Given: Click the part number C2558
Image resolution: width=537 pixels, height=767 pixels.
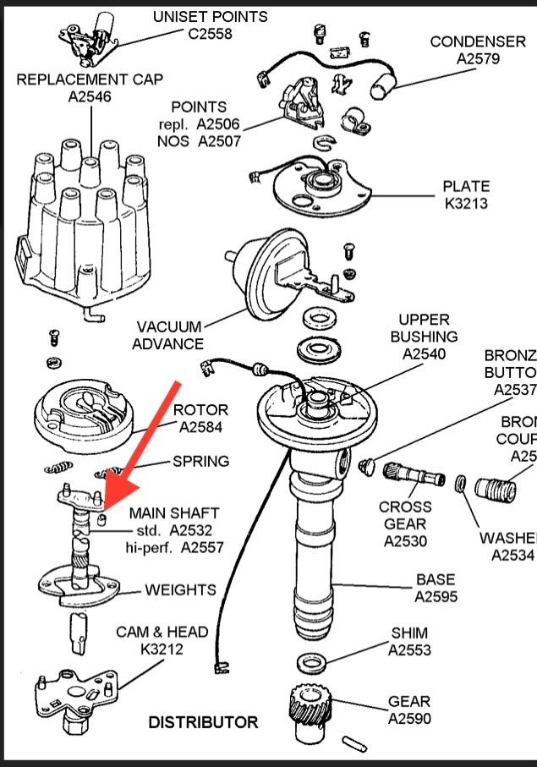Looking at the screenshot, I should [x=210, y=34].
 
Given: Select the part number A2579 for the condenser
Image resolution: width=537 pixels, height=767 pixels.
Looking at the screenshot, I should [x=478, y=59].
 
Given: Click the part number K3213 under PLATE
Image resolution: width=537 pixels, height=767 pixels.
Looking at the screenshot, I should [x=466, y=205].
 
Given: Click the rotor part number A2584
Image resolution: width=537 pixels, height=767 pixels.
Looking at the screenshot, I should [x=200, y=428].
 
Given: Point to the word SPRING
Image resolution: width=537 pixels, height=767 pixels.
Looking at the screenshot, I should [x=200, y=462].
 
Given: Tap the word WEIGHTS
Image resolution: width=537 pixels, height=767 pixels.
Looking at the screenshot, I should [x=180, y=589].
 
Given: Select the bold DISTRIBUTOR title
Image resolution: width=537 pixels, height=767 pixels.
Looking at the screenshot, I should [x=203, y=722].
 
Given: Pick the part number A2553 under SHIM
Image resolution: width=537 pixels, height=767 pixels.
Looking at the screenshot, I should [x=409, y=650].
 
